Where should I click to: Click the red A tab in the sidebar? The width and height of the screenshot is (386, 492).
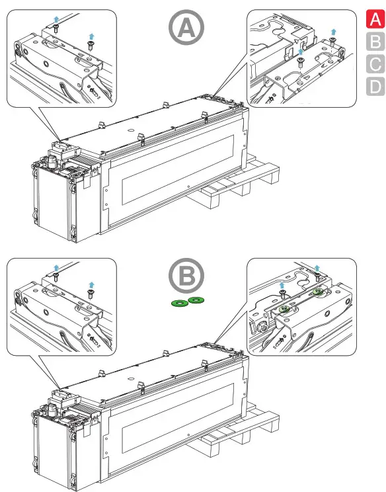(x=375, y=19)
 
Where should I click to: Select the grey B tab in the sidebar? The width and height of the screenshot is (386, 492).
(x=375, y=41)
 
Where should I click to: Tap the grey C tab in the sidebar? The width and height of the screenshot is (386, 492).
(x=375, y=63)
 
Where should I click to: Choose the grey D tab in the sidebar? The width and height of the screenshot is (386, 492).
(x=375, y=86)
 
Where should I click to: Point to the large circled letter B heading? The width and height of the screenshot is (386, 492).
(x=186, y=276)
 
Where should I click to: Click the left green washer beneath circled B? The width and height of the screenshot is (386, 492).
(x=180, y=304)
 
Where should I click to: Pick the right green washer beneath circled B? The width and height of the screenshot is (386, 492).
(x=196, y=300)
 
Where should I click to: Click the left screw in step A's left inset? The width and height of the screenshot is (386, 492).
(x=56, y=28)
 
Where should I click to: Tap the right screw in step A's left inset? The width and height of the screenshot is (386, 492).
(x=91, y=45)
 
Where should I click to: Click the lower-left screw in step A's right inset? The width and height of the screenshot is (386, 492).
(x=300, y=63)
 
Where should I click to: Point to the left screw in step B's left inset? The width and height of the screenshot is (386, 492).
(x=56, y=277)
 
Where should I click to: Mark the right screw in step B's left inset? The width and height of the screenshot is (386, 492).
(x=91, y=294)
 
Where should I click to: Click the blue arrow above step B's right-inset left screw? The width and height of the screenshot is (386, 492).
(x=282, y=285)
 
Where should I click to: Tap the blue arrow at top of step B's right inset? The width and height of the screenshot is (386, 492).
(x=317, y=268)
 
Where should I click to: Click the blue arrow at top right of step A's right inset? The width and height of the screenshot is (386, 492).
(x=333, y=32)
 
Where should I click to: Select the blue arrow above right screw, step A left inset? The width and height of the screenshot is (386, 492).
(x=91, y=36)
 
